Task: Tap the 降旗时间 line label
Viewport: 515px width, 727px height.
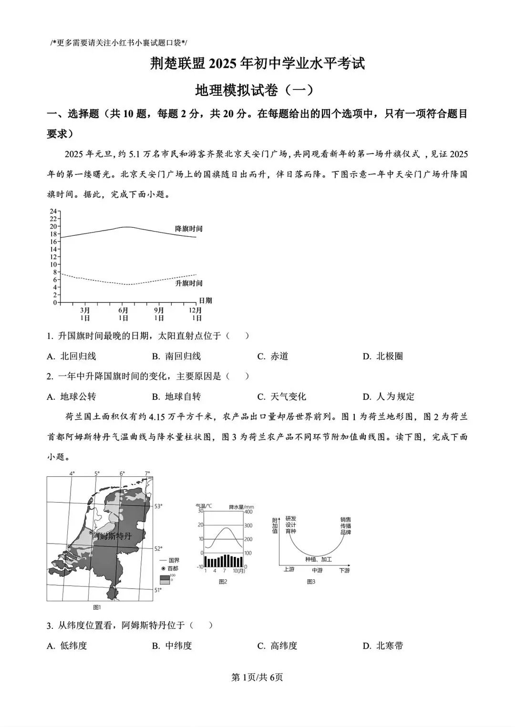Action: pyautogui.click(x=189, y=229)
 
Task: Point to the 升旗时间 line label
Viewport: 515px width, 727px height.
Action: pyautogui.click(x=189, y=283)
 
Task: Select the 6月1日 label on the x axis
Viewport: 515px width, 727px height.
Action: pyautogui.click(x=123, y=314)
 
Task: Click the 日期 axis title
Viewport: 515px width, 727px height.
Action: pyautogui.click(x=205, y=301)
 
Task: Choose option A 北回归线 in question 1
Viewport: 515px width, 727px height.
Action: pyautogui.click(x=72, y=356)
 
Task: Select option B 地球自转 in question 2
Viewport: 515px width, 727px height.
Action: pyautogui.click(x=176, y=397)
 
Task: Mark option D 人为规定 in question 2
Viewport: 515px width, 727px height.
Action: pyautogui.click(x=389, y=397)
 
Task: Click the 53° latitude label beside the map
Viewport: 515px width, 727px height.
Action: pyautogui.click(x=158, y=506)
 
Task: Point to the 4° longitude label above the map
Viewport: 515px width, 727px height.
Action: pyautogui.click(x=72, y=474)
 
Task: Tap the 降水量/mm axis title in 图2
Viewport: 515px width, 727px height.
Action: pyautogui.click(x=241, y=507)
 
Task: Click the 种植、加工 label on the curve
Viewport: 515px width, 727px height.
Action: pyautogui.click(x=319, y=559)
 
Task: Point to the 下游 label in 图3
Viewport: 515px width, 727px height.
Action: pyautogui.click(x=344, y=570)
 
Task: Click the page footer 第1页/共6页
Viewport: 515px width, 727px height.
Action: pyautogui.click(x=257, y=677)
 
